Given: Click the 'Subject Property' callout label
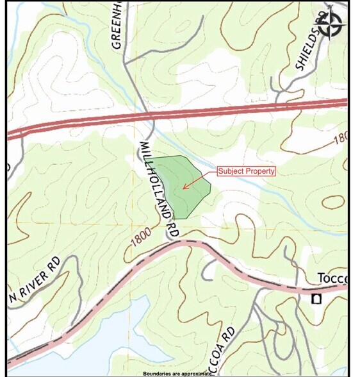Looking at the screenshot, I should pos(247,171).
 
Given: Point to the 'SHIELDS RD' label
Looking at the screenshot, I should pos(308,47).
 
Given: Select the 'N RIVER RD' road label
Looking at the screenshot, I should pos(37,280).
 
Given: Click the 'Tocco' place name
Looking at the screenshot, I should pos(332,278).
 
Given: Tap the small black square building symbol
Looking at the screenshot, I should pos(315,299).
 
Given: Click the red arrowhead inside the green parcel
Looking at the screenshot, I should pos(184,187).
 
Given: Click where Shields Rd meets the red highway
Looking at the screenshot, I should pos(277,105).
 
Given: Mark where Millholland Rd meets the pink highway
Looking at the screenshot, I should pos(174,242).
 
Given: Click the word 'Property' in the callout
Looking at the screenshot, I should pos(261,171).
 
